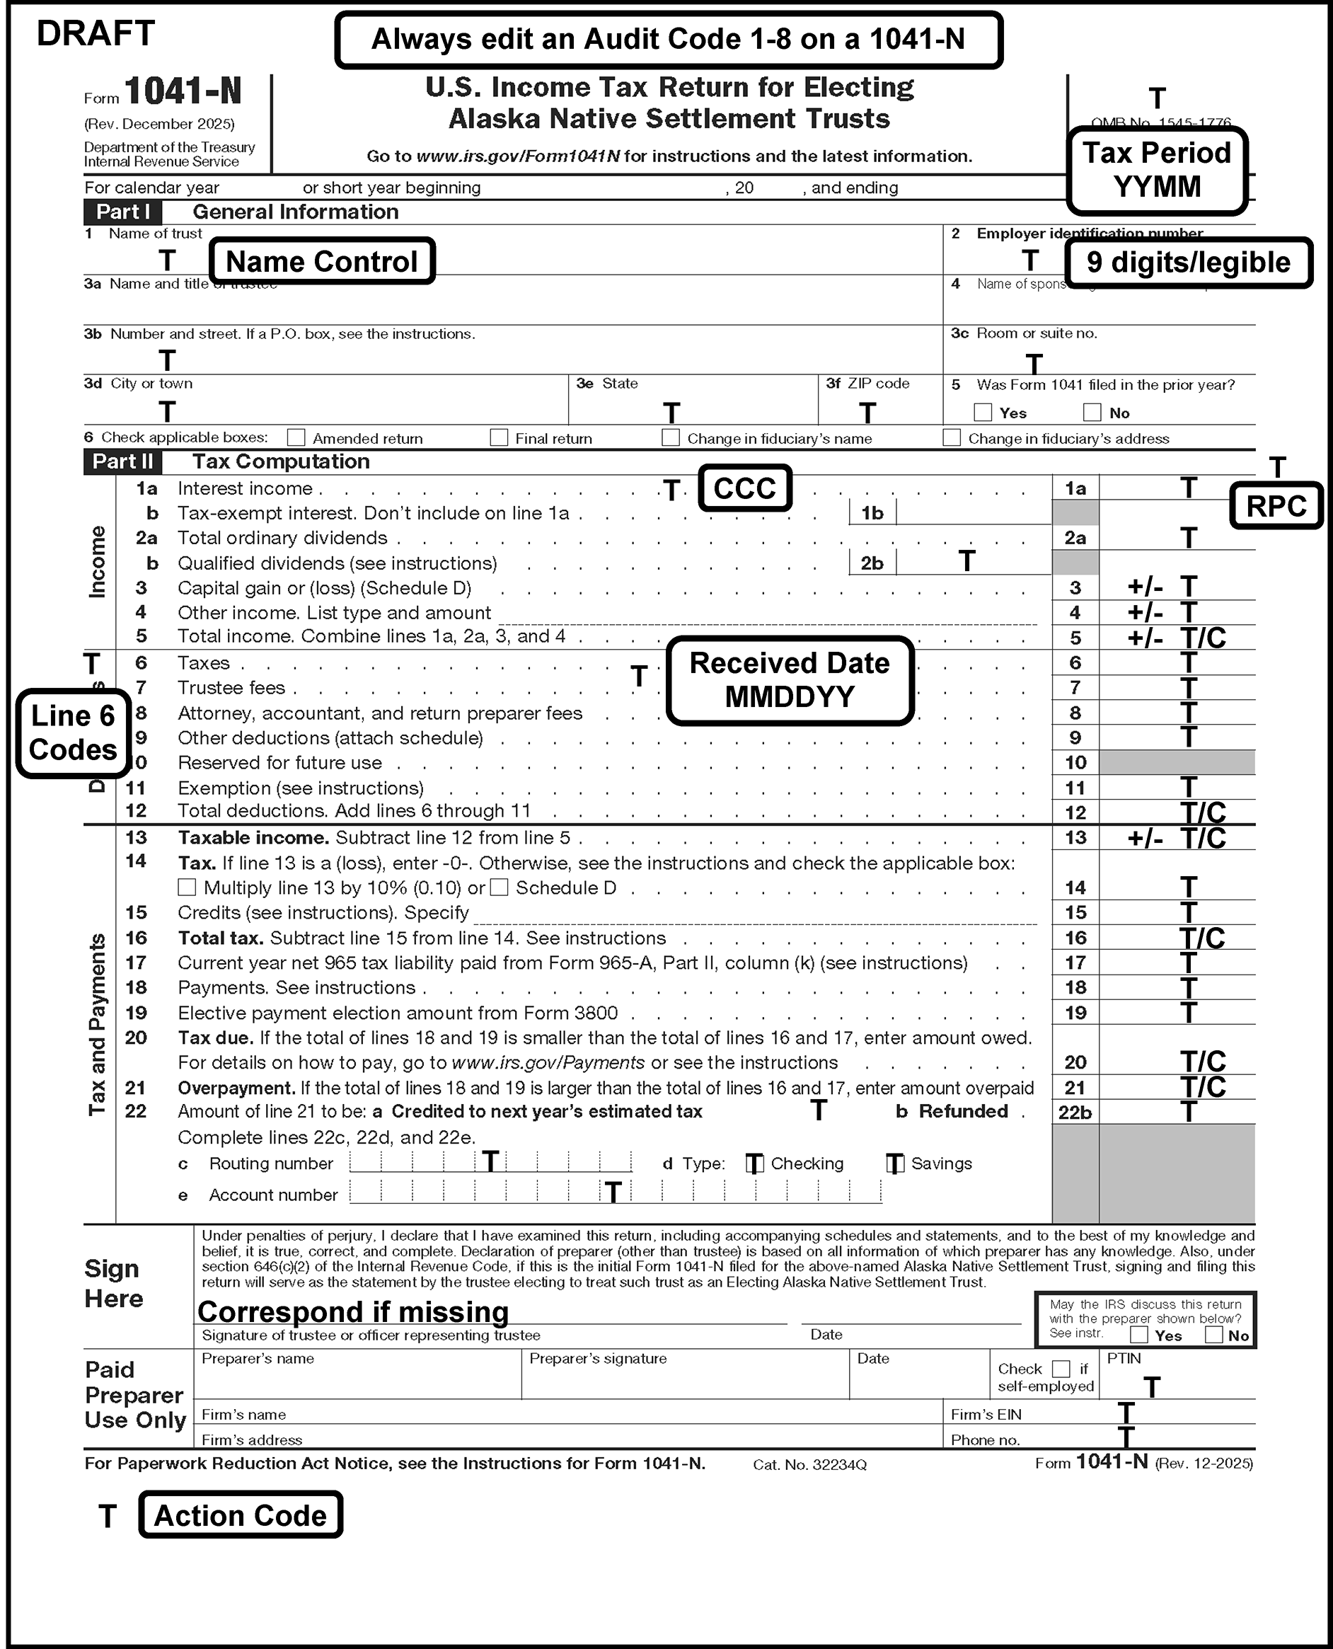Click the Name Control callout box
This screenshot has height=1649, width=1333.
[x=322, y=262]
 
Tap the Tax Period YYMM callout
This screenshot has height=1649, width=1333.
[x=1156, y=171]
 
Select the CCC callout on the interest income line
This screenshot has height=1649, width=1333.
[x=744, y=488]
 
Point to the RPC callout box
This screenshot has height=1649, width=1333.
[x=1276, y=506]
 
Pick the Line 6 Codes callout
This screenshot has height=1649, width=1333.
[x=73, y=732]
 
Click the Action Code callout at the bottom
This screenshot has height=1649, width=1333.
[x=241, y=1515]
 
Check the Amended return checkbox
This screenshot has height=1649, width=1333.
[x=296, y=438]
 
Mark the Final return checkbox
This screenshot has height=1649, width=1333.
[x=499, y=438]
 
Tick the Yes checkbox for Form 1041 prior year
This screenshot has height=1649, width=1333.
[x=983, y=413]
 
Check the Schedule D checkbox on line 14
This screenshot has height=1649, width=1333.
[x=499, y=888]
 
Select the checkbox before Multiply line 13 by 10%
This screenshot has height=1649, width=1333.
[x=187, y=888]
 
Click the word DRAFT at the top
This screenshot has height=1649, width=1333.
[x=96, y=34]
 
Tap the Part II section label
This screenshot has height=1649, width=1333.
[x=123, y=461]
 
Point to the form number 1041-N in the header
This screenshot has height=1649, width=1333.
[x=183, y=92]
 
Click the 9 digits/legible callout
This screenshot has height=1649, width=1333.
[x=1188, y=263]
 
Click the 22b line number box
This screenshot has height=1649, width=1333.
[x=1075, y=1112]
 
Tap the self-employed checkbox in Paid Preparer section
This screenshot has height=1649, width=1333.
[x=1061, y=1369]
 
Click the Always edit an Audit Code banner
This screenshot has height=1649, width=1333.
[x=668, y=40]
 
